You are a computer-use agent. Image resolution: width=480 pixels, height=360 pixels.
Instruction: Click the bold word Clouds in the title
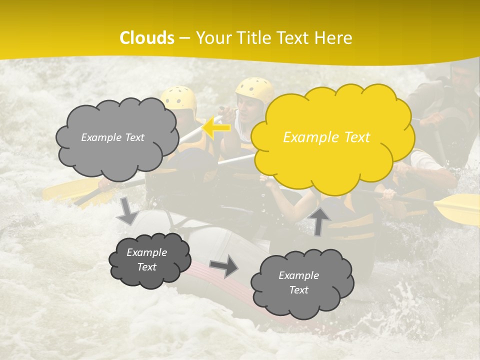[147, 38]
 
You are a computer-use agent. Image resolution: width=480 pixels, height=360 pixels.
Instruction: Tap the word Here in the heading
[333, 38]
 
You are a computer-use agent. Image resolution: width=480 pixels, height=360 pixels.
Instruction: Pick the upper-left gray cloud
[116, 138]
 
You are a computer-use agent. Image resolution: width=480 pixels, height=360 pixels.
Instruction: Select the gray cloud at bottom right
[301, 283]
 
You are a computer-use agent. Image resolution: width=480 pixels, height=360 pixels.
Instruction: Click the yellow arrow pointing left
[216, 127]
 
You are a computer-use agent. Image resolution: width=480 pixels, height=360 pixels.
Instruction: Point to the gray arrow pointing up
[319, 220]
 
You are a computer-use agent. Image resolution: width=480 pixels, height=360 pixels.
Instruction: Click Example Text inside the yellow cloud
[326, 137]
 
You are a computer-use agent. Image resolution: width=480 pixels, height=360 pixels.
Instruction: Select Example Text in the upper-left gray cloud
[112, 137]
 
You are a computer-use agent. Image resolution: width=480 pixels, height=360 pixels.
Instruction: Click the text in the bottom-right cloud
[298, 282]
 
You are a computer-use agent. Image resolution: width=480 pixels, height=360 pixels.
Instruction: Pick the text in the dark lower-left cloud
[146, 259]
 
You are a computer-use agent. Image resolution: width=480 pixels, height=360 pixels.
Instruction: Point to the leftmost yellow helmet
[179, 97]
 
